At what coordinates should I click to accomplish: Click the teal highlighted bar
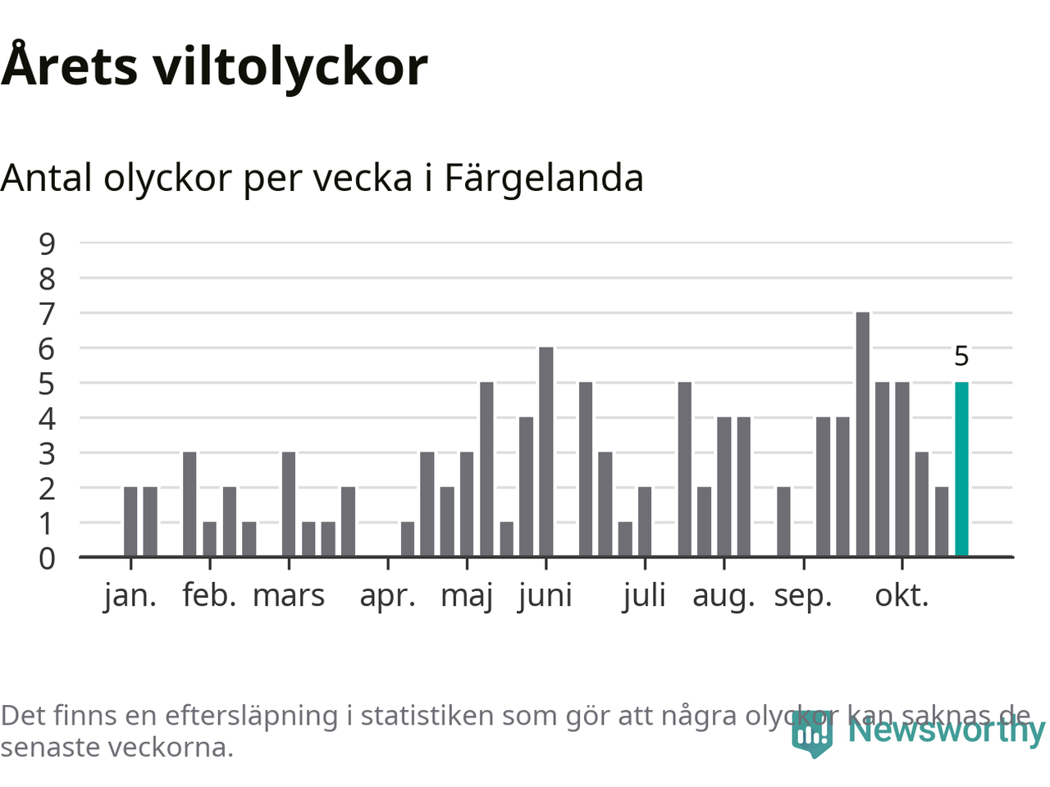961,469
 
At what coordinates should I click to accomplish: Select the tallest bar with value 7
862,434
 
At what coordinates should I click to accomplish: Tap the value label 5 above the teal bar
961,357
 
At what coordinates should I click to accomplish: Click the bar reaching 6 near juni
546,452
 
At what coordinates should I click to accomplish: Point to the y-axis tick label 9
47,243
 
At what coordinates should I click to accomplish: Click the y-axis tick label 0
47,558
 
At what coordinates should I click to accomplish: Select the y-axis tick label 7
47,313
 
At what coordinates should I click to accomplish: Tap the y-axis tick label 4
47,418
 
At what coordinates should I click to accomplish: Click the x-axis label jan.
130,595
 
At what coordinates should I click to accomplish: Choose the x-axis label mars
289,595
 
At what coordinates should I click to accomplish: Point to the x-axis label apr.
387,597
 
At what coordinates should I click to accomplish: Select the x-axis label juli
644,595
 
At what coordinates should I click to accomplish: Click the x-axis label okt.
902,595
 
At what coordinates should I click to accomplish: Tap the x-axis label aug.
724,597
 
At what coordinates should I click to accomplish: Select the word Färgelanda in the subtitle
544,178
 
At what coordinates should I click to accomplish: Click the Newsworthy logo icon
812,733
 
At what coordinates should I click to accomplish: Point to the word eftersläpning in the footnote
251,716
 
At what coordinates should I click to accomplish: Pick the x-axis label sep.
802,597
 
